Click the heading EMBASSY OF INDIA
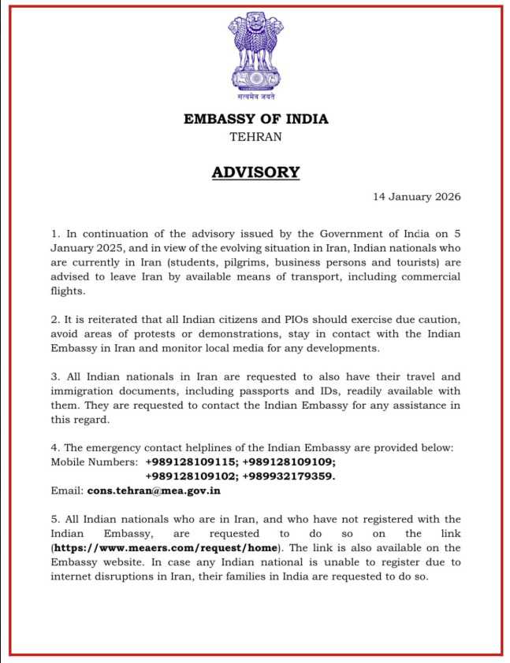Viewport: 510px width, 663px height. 255,120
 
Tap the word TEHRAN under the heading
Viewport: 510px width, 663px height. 255,136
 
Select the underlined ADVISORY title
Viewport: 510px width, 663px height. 255,172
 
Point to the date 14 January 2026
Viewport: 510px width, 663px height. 416,197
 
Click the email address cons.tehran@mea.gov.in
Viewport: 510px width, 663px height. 154,491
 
